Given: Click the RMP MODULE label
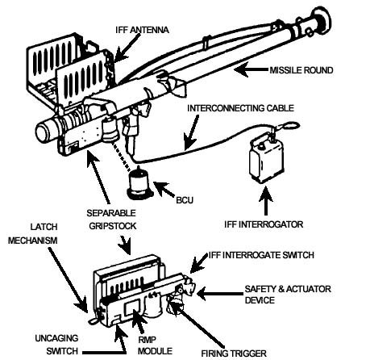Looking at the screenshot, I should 158,345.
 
